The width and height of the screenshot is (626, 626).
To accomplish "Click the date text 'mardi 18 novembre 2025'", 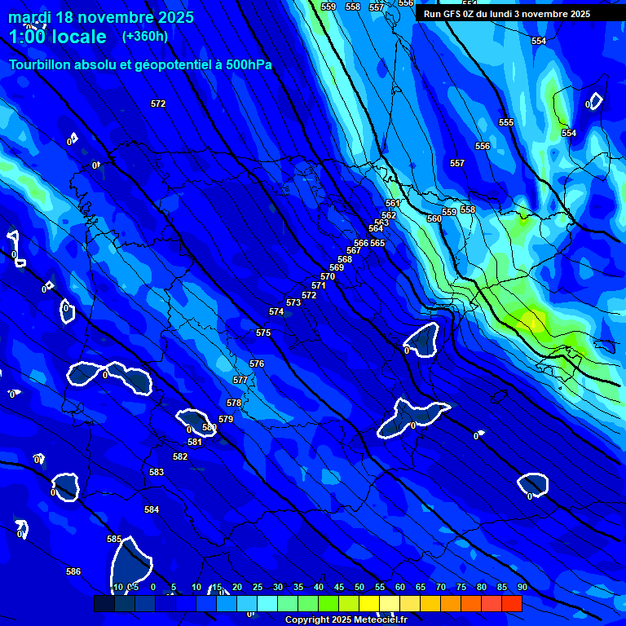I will [101, 17].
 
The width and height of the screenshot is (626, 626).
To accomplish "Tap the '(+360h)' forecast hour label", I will [145, 36].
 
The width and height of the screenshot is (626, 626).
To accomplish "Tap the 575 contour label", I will [263, 333].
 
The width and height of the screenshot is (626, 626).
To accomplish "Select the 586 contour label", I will [73, 571].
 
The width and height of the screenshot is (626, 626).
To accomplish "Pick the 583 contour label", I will [156, 472].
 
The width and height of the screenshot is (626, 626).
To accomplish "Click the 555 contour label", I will [506, 122].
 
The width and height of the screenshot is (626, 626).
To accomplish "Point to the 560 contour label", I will [434, 218].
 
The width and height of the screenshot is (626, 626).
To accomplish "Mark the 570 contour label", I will [328, 276].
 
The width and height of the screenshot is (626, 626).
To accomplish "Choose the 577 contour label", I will [240, 380].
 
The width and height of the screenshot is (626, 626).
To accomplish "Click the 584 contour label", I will [152, 509].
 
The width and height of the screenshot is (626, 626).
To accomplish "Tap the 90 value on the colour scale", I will [522, 587].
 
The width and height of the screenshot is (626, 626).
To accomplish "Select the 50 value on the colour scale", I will [359, 587].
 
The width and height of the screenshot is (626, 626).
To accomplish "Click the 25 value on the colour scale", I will [258, 587].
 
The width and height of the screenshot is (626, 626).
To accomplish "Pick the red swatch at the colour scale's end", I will [512, 603].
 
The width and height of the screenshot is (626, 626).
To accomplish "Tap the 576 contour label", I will [257, 364].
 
